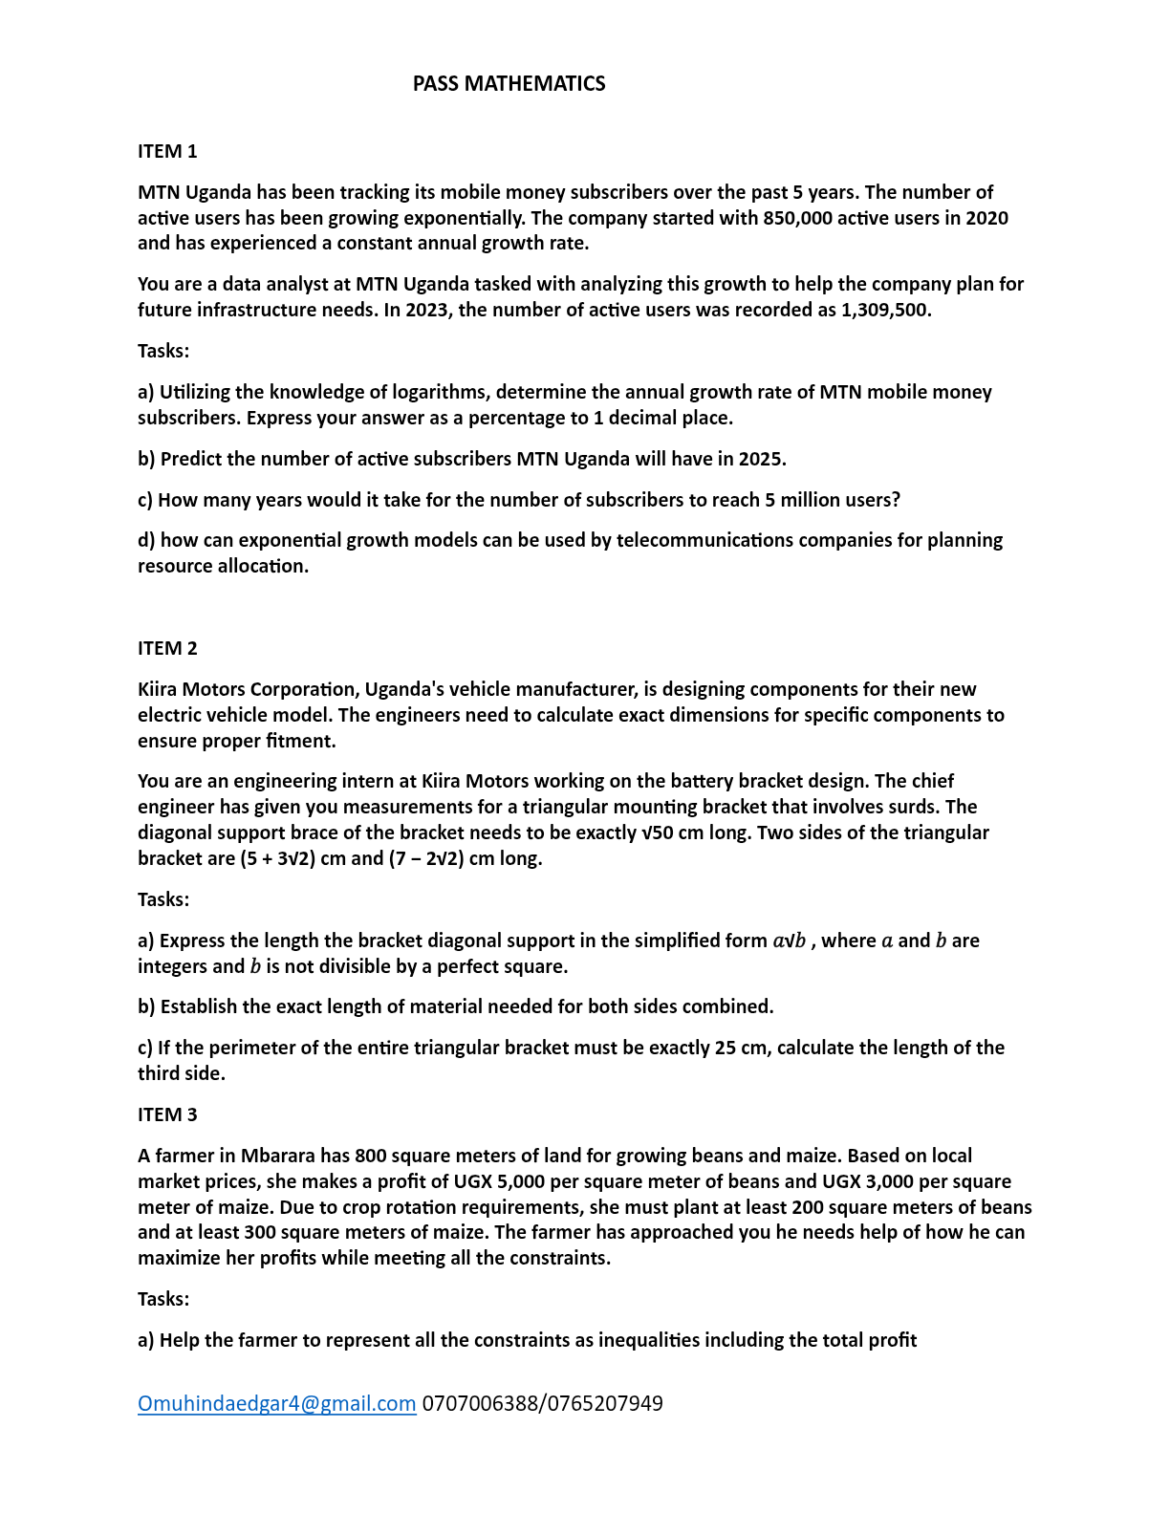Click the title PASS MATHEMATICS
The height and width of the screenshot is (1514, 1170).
click(509, 84)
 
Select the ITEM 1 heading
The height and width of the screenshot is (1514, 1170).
click(167, 151)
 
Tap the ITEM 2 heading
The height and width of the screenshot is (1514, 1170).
click(167, 648)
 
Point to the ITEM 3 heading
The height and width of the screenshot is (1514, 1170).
click(167, 1114)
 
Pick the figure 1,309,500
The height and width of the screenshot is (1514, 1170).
click(884, 310)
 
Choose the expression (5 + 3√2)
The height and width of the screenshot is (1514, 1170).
click(276, 858)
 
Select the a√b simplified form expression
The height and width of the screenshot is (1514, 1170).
click(789, 941)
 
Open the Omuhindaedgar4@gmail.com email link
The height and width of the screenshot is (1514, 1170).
click(277, 1403)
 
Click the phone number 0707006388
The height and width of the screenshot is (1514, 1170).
click(481, 1403)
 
